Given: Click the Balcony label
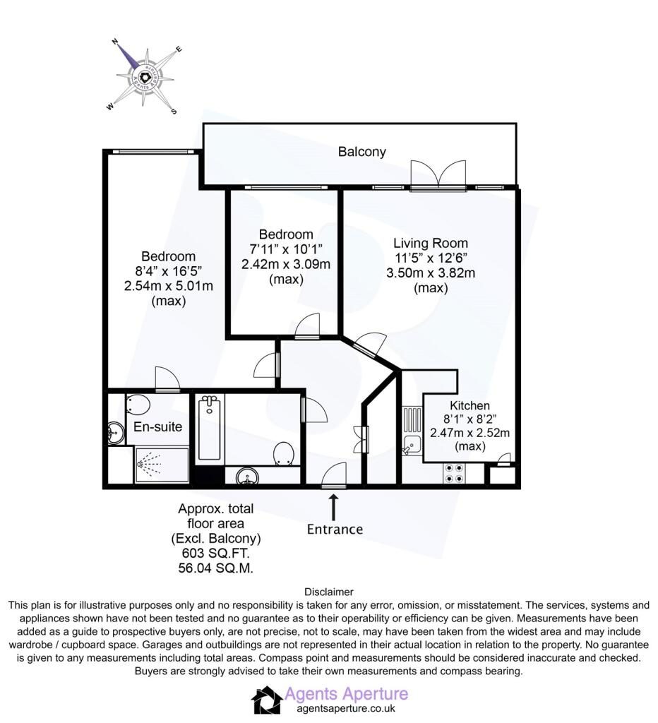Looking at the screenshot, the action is coord(362,152).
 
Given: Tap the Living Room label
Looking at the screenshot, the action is coord(430,243).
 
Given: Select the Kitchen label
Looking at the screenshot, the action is coord(469,405).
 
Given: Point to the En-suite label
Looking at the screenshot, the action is coord(157,426).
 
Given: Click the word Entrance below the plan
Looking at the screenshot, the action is coord(335,529).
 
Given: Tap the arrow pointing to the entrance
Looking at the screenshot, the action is coord(333,507).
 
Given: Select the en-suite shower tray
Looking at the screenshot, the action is coord(162,465).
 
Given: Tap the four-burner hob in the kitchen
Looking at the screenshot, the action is coord(454,472).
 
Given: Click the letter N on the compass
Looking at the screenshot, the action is coord(116,42).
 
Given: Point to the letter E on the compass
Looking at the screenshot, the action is coord(179,49).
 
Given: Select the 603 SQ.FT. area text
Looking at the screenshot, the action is coord(216,553).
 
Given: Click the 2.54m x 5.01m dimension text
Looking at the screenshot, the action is coord(168,286).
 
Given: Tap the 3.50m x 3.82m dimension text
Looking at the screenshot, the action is coord(430,273).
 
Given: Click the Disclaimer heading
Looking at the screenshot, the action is coord(329,592).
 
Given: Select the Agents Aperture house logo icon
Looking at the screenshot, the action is coord(267,700).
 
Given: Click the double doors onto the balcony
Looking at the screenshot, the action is coord(438,174).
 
